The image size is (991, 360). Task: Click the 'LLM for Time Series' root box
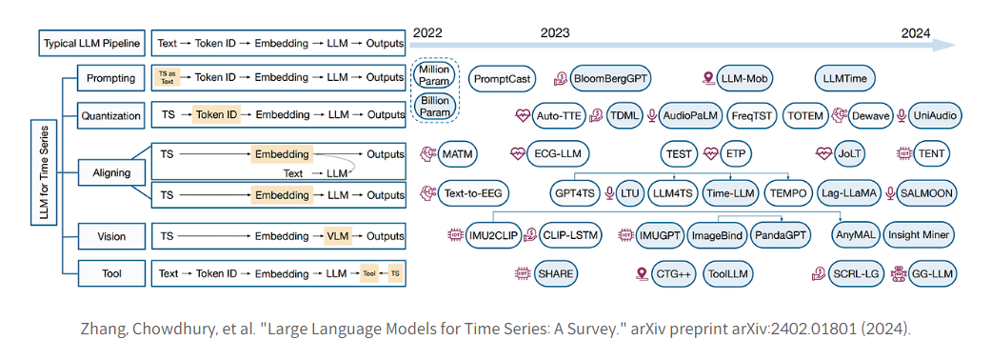pos(45,174)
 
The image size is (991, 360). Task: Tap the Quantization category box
pos(110,115)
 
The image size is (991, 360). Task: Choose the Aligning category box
pos(110,173)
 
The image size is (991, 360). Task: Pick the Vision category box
pos(110,235)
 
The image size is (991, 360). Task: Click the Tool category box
pos(110,273)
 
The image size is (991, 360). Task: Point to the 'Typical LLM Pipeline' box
pos(90,44)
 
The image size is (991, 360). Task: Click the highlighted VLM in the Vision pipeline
pos(338,235)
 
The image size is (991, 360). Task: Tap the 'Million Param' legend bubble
pos(434,76)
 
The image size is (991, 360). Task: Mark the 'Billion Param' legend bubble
pos(434,106)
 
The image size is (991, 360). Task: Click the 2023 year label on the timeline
pos(555,31)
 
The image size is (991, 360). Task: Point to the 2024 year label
pos(916,31)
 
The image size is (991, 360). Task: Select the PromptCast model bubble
pos(503,78)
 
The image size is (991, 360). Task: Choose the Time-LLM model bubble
pos(731,193)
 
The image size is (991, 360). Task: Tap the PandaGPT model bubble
pos(781,233)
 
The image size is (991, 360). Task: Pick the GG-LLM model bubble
pos(931,274)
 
